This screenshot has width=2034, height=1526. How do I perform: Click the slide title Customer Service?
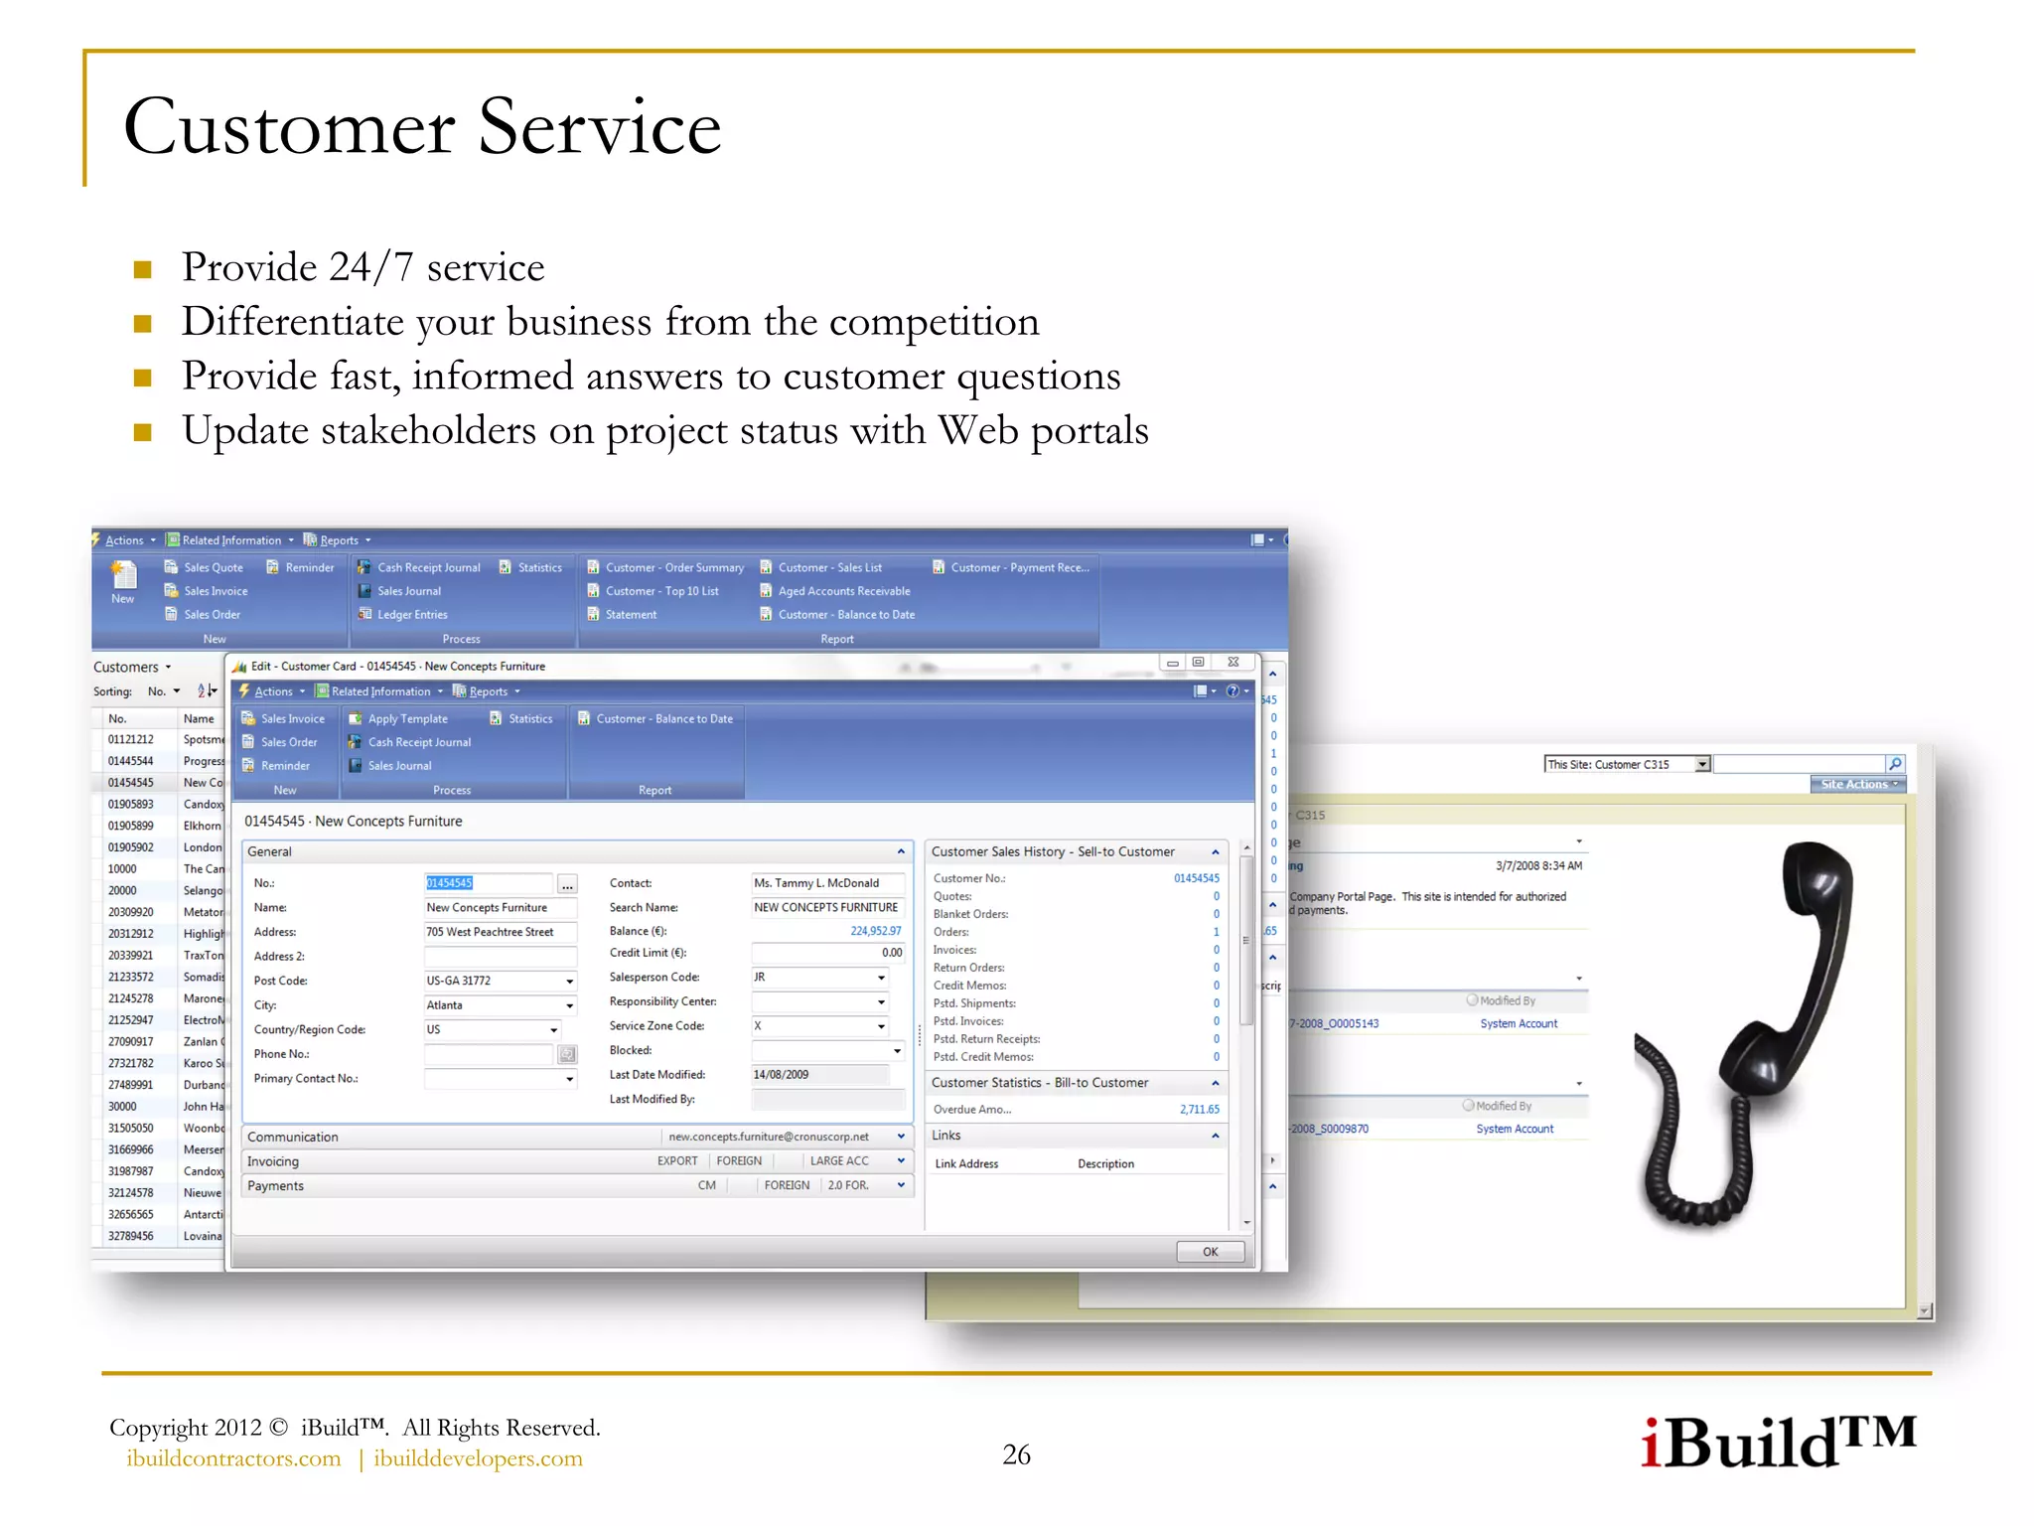point(422,127)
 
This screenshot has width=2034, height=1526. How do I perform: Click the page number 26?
point(1016,1454)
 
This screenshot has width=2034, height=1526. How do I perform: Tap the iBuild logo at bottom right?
point(1777,1443)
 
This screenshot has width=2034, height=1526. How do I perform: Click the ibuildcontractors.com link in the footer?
point(233,1458)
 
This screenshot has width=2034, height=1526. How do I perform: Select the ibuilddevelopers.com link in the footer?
point(478,1458)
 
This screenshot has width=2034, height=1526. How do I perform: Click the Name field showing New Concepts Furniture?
point(499,907)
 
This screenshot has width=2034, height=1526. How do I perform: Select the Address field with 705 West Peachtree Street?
point(499,932)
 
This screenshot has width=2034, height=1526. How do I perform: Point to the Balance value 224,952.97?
point(875,931)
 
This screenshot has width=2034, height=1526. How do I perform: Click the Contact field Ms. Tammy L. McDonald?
point(826,883)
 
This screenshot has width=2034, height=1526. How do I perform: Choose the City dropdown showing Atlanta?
point(499,1005)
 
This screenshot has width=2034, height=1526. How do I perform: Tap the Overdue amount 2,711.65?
point(1199,1110)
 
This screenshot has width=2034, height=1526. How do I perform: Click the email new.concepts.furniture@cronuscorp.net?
point(768,1137)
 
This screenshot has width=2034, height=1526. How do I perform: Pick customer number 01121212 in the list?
point(131,739)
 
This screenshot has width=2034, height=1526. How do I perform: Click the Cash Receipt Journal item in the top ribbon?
point(428,567)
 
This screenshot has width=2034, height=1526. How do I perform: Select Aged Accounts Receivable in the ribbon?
point(843,591)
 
